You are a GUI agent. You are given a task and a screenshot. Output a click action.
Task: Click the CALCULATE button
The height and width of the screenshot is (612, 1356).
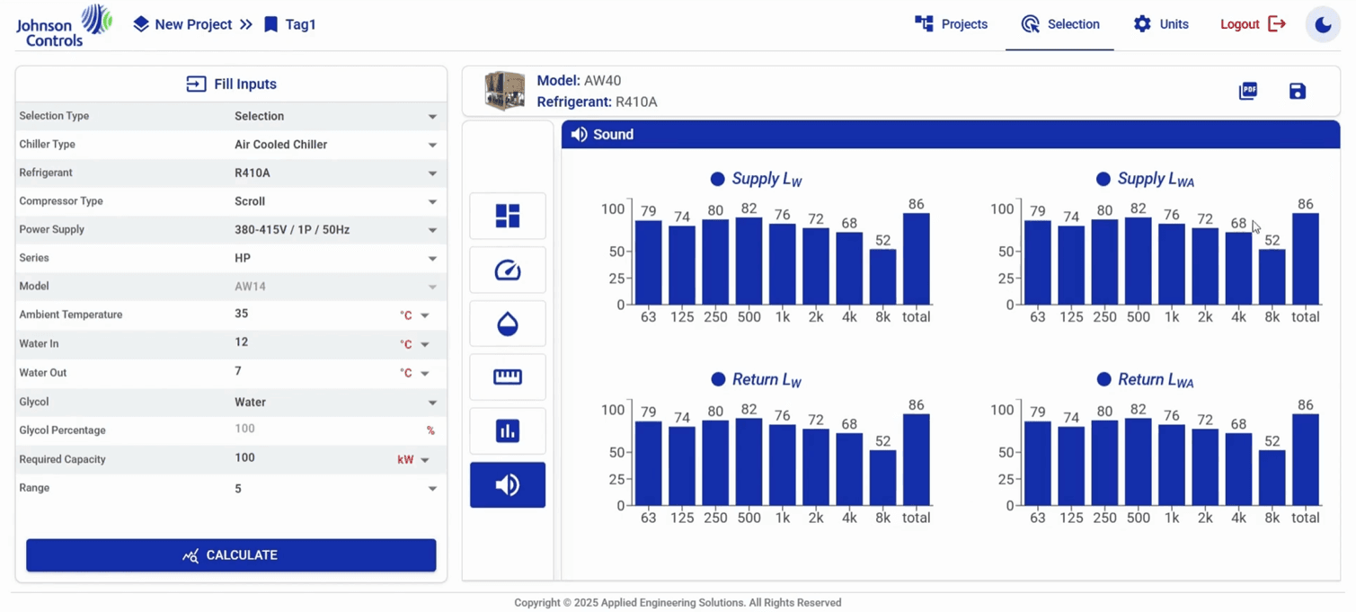coord(231,555)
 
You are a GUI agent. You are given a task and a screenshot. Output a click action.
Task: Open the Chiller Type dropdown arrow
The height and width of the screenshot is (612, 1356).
coord(432,146)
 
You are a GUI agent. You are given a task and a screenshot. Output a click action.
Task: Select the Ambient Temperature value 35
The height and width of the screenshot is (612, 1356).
coord(242,314)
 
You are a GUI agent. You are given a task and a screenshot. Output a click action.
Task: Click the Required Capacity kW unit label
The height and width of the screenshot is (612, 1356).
coord(405,459)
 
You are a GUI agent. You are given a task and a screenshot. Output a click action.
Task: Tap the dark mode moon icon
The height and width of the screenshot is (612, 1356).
coord(1323,25)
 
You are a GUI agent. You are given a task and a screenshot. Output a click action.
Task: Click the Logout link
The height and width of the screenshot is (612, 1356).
coord(1253,24)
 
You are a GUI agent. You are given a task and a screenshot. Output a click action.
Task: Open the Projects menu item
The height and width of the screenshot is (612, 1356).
coord(951,24)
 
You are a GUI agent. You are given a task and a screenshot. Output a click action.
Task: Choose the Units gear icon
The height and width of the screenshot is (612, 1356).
coord(1142,24)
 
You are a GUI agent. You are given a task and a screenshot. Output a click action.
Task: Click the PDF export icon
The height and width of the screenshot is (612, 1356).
coord(1247,91)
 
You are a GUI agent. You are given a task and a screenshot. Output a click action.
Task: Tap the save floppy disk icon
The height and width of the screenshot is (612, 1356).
coord(1298,91)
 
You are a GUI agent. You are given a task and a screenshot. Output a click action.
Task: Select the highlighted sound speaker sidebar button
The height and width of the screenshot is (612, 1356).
coord(508,485)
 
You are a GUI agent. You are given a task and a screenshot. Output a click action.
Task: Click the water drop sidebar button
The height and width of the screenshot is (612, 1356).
coord(508,324)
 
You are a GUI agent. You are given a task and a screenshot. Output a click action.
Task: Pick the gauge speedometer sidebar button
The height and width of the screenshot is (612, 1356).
coord(508,270)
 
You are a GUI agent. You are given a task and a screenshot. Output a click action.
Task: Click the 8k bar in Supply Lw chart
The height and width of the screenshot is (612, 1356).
coord(882,277)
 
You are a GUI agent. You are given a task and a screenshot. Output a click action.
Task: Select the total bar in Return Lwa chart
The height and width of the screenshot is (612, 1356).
coord(1305,459)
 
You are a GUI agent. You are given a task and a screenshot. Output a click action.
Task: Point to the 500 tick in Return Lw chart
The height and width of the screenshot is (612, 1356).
coord(749,518)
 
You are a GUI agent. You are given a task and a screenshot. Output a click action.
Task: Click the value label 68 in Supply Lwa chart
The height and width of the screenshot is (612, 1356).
coord(1238,223)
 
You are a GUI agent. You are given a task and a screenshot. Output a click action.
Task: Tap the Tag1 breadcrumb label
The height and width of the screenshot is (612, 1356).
coord(300,25)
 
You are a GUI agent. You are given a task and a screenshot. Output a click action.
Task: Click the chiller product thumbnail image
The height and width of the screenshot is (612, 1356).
coord(505,91)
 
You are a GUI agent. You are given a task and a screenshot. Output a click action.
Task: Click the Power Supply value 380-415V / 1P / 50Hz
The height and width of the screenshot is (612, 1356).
coord(292,230)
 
